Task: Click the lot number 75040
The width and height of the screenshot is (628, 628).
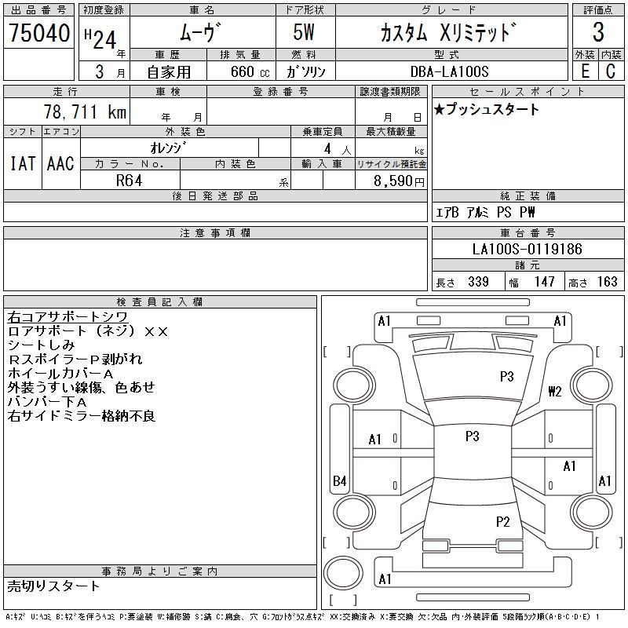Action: [39, 33]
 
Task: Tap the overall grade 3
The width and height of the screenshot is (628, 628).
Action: [598, 32]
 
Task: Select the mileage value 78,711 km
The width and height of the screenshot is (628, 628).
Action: [85, 111]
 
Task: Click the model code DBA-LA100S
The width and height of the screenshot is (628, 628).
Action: [449, 71]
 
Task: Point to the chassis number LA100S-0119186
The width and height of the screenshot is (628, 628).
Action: [527, 249]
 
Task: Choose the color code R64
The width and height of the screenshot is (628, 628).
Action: [129, 181]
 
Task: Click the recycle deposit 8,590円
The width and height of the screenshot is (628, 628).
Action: [399, 181]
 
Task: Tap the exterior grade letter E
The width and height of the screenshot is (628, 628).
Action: [585, 71]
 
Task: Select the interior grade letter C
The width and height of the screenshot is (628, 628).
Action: [611, 71]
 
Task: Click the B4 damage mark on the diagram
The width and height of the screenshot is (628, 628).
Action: [340, 480]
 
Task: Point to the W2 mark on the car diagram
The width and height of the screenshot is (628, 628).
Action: [555, 391]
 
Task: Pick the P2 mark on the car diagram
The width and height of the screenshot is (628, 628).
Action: [502, 521]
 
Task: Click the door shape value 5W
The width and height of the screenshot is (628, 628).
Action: [304, 32]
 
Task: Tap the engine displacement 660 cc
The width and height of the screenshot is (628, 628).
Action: [250, 71]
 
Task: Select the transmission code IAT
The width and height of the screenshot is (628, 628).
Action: [23, 163]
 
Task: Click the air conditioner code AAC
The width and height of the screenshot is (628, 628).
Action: [60, 163]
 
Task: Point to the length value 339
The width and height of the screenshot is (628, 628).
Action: [478, 282]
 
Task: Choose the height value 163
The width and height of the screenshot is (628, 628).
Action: [607, 282]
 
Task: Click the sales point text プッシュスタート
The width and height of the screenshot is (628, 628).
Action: [493, 109]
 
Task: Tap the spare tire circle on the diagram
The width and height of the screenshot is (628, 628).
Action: [343, 573]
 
